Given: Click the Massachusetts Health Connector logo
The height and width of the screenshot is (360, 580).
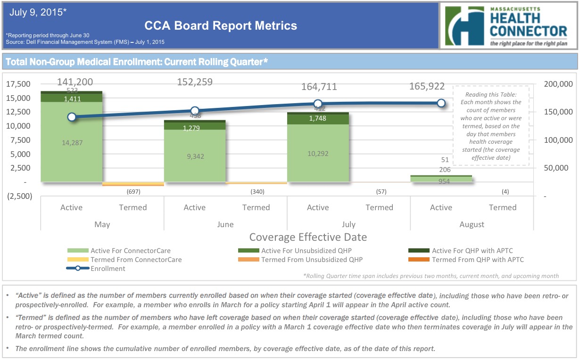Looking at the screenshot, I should tap(508, 26).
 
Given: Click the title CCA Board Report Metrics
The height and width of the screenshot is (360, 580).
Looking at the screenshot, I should tap(220, 25).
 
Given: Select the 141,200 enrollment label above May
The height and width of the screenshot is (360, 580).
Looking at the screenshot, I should tap(75, 82).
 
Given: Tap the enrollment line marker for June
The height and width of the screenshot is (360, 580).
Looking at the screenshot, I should tap(195, 111).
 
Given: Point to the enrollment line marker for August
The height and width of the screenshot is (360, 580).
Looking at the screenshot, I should tap(441, 103).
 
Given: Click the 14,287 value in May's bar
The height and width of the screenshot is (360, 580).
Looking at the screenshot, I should tap(72, 142).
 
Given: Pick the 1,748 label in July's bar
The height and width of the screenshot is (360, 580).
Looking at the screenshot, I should tap(318, 119).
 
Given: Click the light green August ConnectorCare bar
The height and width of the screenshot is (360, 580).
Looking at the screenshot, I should tap(441, 179).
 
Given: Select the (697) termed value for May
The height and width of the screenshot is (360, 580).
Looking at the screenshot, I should tap(133, 192).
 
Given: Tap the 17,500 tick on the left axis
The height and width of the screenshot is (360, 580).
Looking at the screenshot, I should tap(19, 84).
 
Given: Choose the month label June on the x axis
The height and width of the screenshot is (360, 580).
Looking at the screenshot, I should tap(225, 224).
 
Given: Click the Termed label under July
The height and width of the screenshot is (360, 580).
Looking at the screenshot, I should tap(379, 207).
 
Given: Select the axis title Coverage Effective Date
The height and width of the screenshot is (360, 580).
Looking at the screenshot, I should tap(308, 237).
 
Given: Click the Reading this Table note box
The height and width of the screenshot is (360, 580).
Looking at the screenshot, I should tap(490, 126).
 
